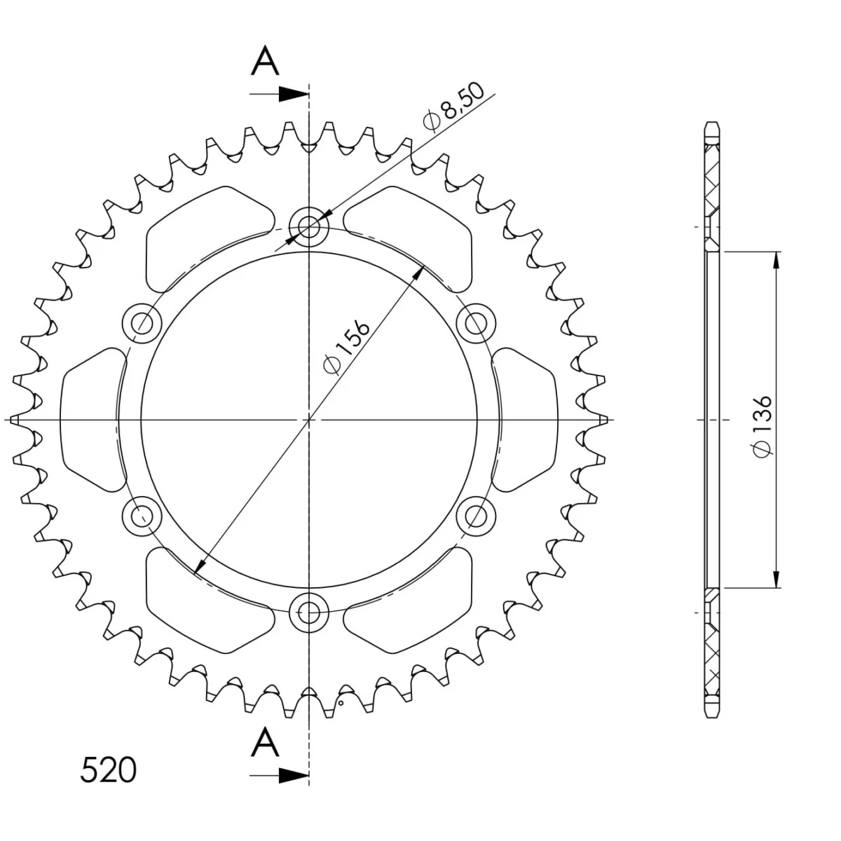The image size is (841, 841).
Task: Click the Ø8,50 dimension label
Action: pyautogui.click(x=454, y=107)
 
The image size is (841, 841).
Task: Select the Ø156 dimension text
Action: pyautogui.click(x=347, y=348)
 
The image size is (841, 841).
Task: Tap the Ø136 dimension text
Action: pyautogui.click(x=763, y=427)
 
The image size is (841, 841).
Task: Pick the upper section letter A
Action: pyautogui.click(x=265, y=61)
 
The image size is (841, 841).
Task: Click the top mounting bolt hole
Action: pyautogui.click(x=308, y=226)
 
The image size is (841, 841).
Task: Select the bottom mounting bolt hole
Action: pyautogui.click(x=308, y=613)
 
